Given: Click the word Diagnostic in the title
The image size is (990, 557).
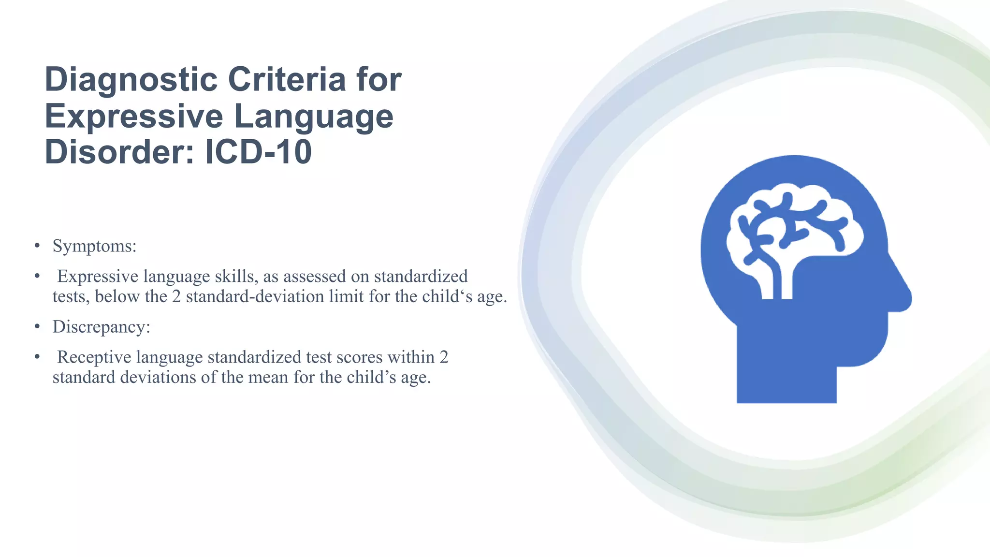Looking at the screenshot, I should click(131, 80).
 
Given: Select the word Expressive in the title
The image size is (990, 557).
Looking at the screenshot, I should click(135, 117).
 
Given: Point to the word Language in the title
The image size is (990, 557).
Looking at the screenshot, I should click(314, 117).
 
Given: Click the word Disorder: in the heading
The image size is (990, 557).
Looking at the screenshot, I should click(120, 152).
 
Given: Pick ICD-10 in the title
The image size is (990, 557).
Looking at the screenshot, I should click(259, 152).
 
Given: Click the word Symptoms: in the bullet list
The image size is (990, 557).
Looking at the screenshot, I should click(95, 246).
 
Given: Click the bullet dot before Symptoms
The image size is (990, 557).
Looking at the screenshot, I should click(37, 246).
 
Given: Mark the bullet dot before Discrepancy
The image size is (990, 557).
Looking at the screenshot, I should click(37, 327).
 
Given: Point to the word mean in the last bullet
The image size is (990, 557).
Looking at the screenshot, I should click(268, 377).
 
